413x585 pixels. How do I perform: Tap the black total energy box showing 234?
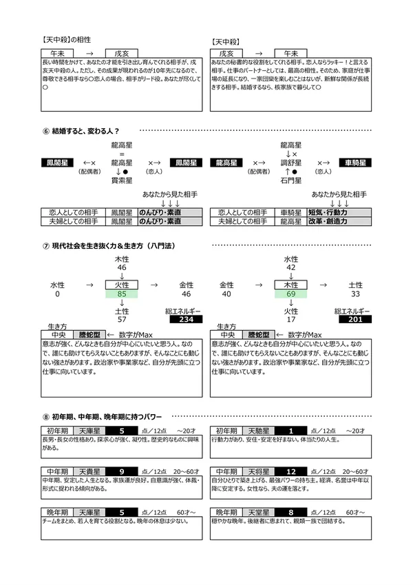tap(184, 319)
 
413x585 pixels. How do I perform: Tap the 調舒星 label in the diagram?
tap(291, 163)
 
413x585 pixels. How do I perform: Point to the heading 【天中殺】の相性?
tap(67, 41)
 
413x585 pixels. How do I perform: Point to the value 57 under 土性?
tap(122, 319)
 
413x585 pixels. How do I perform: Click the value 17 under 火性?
tap(291, 319)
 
